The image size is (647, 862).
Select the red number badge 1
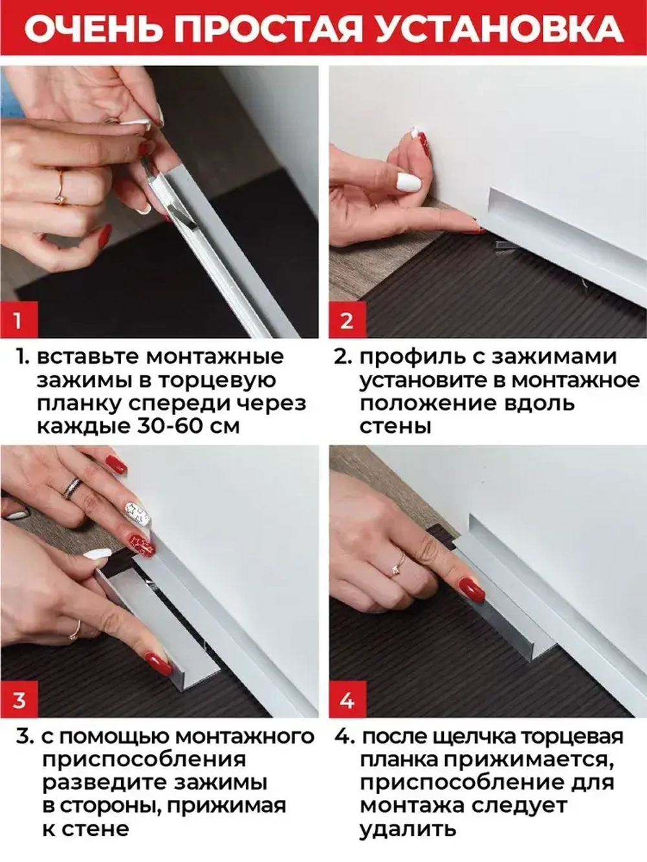click(17, 320)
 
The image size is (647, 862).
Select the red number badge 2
click(347, 320)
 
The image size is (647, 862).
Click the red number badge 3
click(18, 700)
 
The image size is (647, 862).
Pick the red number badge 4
click(347, 700)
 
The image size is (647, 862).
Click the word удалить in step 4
click(408, 829)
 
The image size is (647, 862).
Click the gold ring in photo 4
click(397, 569)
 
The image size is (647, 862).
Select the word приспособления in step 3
click(144, 760)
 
